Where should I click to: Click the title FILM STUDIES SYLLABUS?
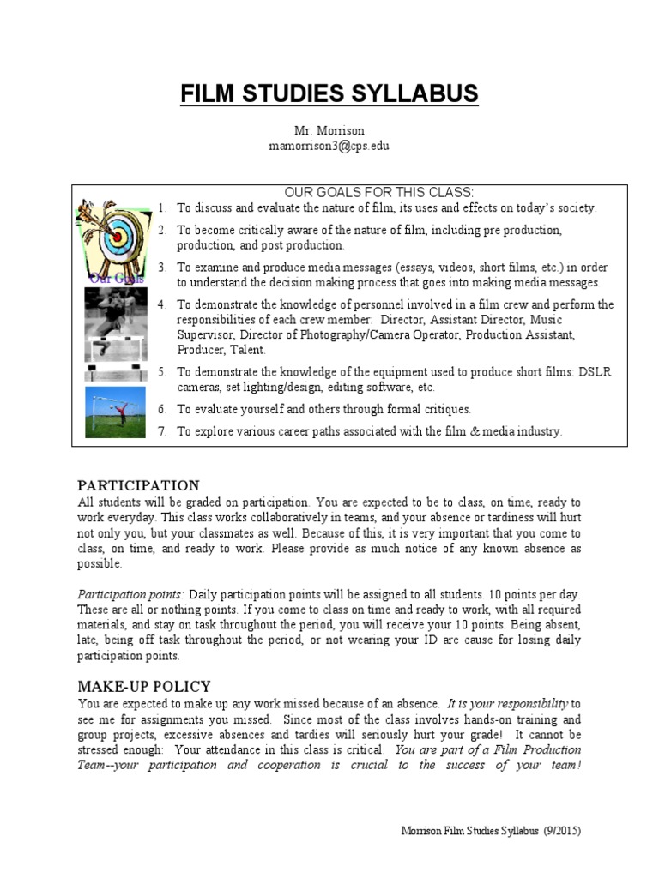tap(329, 93)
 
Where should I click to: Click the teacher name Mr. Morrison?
tap(329, 131)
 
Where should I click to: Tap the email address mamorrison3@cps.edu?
tap(329, 146)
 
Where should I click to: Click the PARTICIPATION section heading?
tap(138, 486)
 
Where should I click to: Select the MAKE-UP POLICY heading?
tap(143, 687)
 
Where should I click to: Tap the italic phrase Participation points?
tap(130, 594)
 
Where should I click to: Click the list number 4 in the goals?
tap(162, 305)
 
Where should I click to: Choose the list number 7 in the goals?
tap(162, 432)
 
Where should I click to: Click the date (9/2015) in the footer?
tap(567, 832)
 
